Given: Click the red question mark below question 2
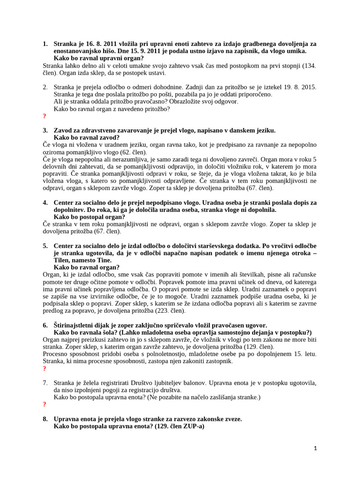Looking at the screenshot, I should pos(45,116).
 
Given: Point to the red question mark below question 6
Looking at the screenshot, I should pos(45,369).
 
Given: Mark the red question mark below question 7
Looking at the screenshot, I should pos(45,405).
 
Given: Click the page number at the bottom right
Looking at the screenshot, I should pos(315,449).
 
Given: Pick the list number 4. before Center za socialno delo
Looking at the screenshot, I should pos(45,202).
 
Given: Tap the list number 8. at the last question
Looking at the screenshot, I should pos(45,419).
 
